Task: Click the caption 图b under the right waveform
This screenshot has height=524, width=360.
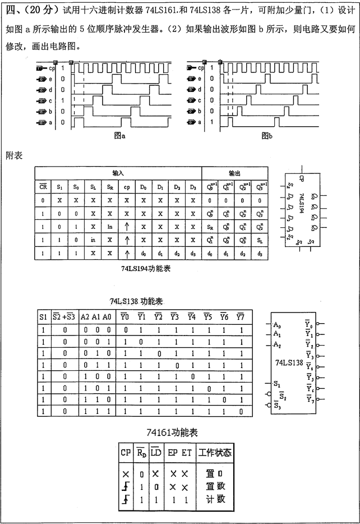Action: pyautogui.click(x=267, y=136)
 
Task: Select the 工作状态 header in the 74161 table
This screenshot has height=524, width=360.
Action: pyautogui.click(x=215, y=452)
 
